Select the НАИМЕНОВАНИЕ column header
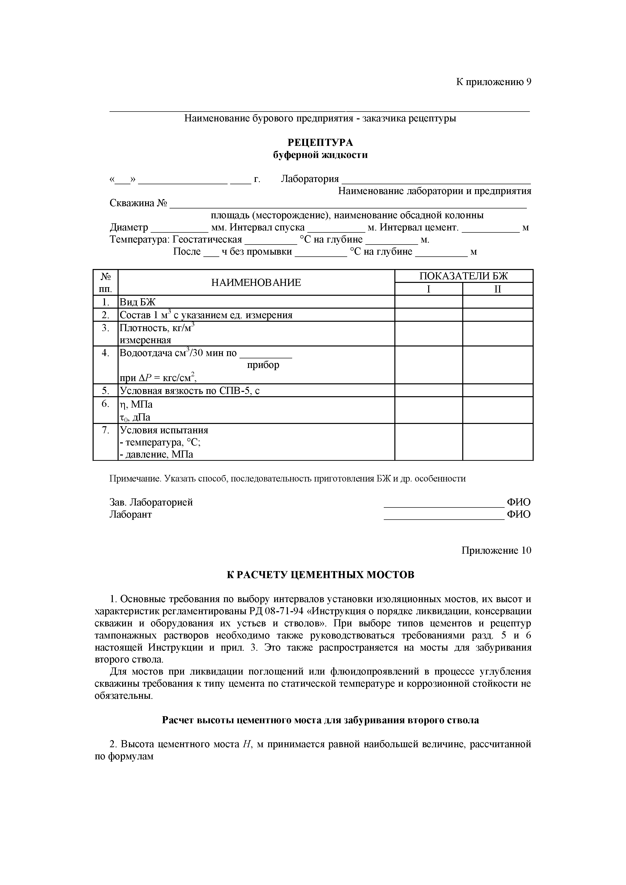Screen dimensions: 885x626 pos(256,283)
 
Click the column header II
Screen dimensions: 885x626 pos(497,289)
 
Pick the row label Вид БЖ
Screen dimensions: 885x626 pos(138,302)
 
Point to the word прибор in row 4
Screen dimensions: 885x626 pos(263,365)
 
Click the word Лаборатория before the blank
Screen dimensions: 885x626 pos(310,179)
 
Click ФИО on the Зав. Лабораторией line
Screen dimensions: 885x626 pos(519,502)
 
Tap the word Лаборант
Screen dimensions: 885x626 pos(131,515)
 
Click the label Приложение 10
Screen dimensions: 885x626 pos(496,550)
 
